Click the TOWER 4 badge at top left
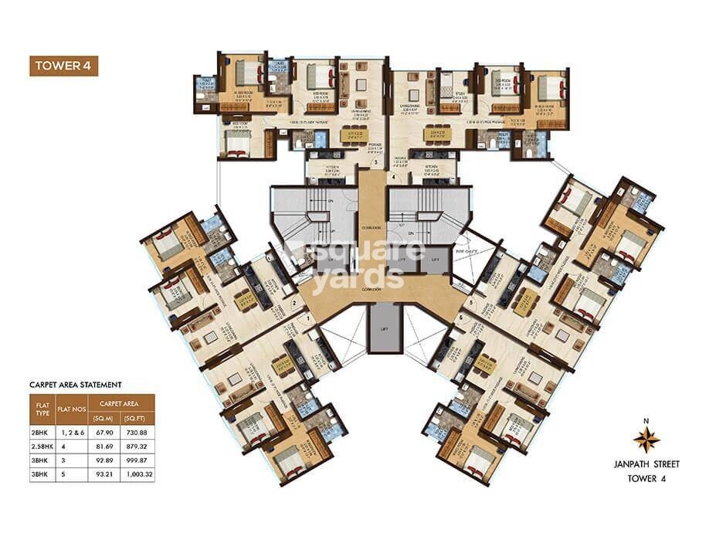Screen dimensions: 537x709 click(x=65, y=65)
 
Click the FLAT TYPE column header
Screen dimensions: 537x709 click(x=40, y=406)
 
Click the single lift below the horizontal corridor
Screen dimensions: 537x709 click(x=378, y=328)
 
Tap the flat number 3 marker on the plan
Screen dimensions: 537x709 click(x=375, y=163)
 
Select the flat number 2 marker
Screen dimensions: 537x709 click(x=294, y=304)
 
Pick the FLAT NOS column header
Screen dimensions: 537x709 click(x=70, y=406)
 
